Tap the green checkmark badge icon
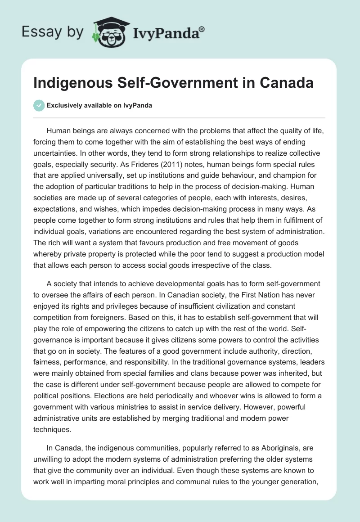tap(39, 106)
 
